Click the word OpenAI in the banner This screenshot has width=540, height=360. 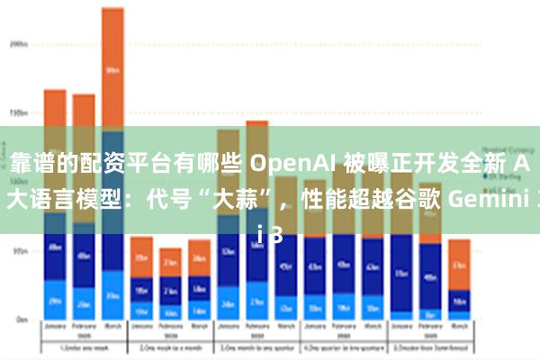(x=287, y=164)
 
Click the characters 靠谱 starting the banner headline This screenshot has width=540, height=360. (x=28, y=164)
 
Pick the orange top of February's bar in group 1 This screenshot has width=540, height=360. (x=84, y=117)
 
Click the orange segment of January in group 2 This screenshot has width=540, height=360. (x=141, y=256)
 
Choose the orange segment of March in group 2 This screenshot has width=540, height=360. (x=199, y=256)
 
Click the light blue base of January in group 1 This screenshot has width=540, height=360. (x=55, y=301)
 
